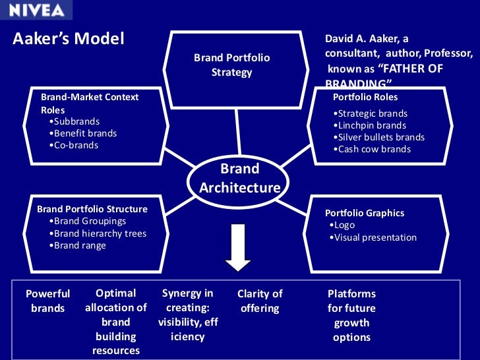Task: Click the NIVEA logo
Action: (36, 11)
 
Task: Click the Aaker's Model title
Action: (69, 39)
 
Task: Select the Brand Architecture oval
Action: (240, 179)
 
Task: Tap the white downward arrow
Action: (238, 247)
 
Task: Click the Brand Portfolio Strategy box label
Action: (231, 65)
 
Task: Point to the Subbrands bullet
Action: (76, 121)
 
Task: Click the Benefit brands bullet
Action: (85, 133)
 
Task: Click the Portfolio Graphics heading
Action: (365, 213)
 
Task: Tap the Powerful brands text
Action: (47, 301)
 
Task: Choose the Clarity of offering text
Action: (259, 301)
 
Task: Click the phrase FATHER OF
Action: (410, 69)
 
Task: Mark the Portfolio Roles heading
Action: (365, 97)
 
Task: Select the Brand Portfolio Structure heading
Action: (92, 209)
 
